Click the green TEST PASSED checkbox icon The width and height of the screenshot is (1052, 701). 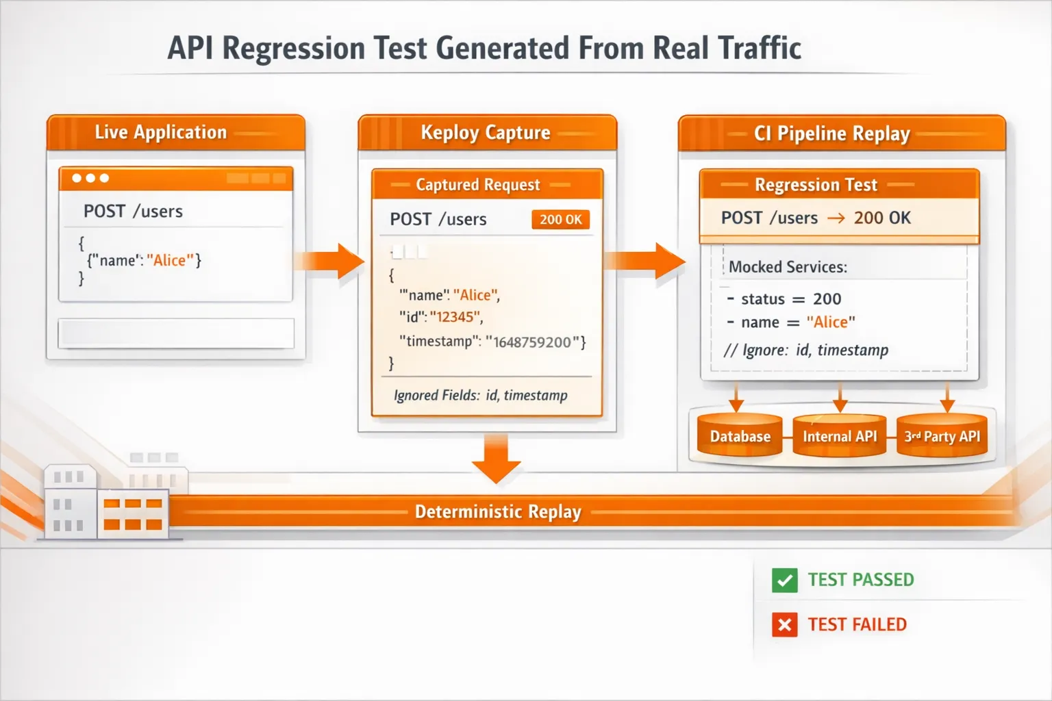(x=784, y=581)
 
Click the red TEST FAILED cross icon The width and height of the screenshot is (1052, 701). (x=784, y=624)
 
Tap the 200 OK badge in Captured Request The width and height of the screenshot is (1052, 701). (x=560, y=220)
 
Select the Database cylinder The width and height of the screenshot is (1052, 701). (x=740, y=436)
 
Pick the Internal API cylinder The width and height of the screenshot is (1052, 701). (x=840, y=436)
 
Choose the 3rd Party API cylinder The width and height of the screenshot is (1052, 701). (x=942, y=436)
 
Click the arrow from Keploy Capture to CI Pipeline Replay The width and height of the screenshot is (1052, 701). (x=645, y=261)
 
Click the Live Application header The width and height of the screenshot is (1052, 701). (x=161, y=132)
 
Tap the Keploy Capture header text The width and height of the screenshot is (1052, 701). (x=486, y=132)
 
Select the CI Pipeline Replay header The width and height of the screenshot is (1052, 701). (x=831, y=133)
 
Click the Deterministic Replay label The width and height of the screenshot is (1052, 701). (x=498, y=512)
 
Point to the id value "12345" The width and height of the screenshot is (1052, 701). (x=455, y=317)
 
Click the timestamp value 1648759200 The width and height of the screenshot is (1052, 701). (x=532, y=342)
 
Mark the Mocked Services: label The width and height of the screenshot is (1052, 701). (x=788, y=267)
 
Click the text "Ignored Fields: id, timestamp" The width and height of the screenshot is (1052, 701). (x=480, y=396)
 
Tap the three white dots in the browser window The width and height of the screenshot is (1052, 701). (x=90, y=178)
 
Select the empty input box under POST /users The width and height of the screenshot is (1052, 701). (x=176, y=333)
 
